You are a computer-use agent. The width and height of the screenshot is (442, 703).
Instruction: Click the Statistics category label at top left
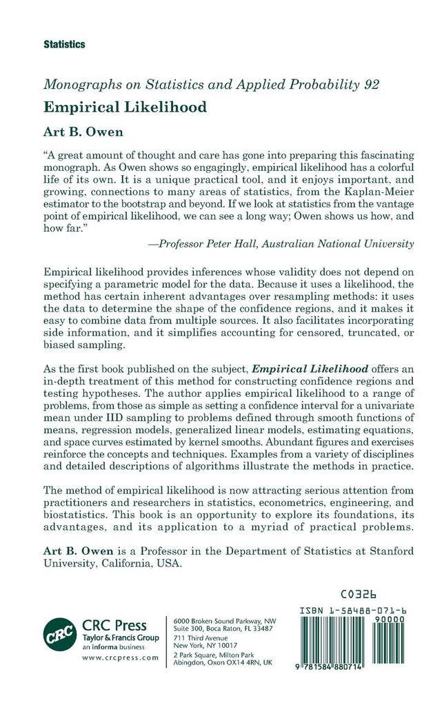64,44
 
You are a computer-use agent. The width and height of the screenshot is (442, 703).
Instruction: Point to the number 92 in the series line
371,85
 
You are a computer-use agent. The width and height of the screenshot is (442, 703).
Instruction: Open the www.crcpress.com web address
119,658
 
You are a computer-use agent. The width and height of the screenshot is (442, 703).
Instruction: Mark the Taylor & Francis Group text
121,638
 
